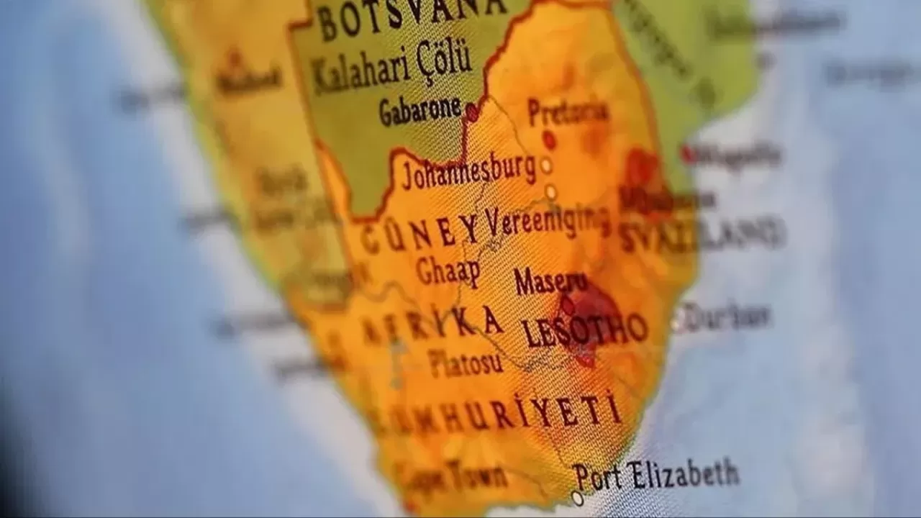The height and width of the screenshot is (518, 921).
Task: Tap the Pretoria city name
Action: click(567, 112)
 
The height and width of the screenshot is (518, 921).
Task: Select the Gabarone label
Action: click(420, 110)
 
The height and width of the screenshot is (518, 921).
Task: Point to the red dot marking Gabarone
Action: click(471, 112)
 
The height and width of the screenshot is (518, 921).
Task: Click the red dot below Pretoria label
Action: click(549, 139)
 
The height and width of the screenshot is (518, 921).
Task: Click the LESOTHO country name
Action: click(584, 330)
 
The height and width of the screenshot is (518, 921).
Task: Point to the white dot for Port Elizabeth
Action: click(577, 498)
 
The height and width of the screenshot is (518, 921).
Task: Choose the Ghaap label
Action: click(447, 271)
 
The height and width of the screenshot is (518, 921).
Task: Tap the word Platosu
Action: click(466, 363)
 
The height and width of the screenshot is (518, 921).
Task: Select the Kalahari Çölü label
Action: click(392, 68)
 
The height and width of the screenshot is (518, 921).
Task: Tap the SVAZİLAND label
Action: click(702, 234)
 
